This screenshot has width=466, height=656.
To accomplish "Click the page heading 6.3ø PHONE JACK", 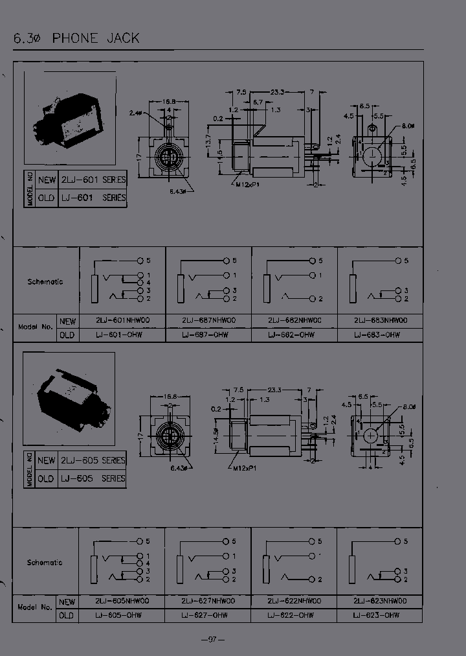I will coord(76,38).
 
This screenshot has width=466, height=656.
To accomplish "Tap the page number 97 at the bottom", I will coord(212,639).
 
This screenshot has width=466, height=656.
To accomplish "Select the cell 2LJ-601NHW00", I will coord(122,320).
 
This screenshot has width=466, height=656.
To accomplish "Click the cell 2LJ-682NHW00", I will coord(294,320).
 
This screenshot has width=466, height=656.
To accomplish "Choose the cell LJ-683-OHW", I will coord(377,335).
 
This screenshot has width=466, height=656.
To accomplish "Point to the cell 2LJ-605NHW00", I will coord(122,601).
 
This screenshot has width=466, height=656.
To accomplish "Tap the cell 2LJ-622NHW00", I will coord(294,601).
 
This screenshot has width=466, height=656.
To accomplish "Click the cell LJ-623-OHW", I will coord(377,615).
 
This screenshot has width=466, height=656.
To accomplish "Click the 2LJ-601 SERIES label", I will coord(93,180).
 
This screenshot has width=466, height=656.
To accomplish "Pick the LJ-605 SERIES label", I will coord(93,478).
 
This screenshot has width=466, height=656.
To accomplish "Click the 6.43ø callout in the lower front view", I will coord(179,468).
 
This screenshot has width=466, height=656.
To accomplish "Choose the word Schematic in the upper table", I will coord(45,282).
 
